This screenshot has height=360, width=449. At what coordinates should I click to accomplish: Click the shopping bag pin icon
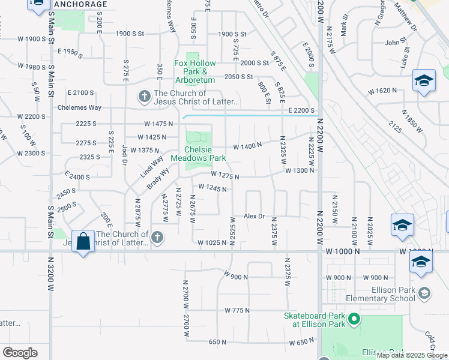[83, 242]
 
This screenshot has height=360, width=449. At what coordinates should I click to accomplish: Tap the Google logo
[20, 353]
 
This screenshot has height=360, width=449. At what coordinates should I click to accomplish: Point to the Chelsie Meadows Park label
[198, 154]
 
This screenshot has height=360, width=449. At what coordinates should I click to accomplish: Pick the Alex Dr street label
[254, 216]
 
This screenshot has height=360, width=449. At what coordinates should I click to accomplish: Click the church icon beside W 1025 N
[157, 238]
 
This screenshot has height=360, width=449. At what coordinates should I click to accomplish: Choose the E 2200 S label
[301, 110]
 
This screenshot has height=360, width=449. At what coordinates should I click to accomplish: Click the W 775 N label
[237, 310]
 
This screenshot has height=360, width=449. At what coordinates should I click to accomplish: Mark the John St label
[396, 43]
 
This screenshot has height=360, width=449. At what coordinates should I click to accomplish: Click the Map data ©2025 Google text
[412, 355]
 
